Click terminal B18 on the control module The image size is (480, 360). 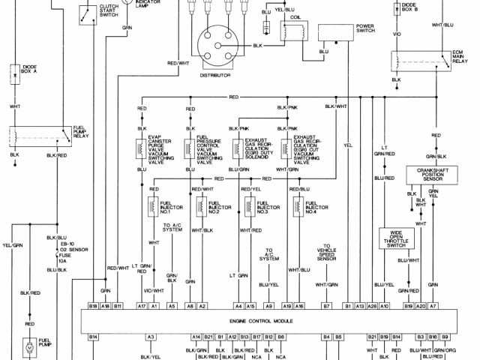coord(93,307)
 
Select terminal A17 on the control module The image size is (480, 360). coord(142,307)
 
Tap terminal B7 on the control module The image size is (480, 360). coord(326,307)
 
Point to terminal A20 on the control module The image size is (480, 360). coord(421,307)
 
